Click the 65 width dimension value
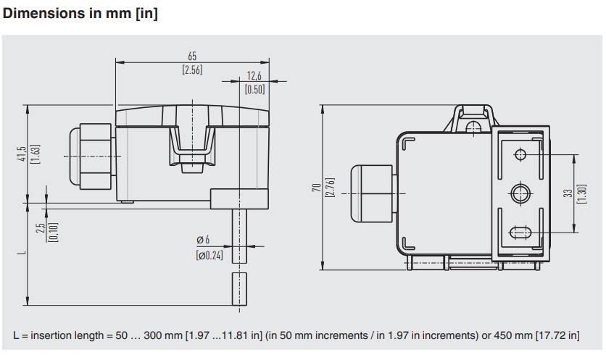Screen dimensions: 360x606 coord(192,56)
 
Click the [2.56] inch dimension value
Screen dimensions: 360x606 coord(192,70)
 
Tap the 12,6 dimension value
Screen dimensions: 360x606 coord(254,76)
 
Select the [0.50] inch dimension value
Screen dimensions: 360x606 coord(254,90)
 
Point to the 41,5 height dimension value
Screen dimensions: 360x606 coord(22,154)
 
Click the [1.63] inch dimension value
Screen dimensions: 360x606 coord(36,154)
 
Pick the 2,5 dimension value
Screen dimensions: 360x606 coord(41,231)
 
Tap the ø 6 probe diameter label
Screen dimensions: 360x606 coord(203,240)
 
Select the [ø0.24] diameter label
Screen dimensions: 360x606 coord(209,255)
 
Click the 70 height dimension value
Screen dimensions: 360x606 coord(316,188)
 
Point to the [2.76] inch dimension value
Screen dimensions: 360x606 coord(329,188)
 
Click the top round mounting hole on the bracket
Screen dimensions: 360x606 coord(520,154)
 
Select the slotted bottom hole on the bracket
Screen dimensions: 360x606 coord(520,233)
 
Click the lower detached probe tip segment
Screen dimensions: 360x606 coord(238,289)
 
